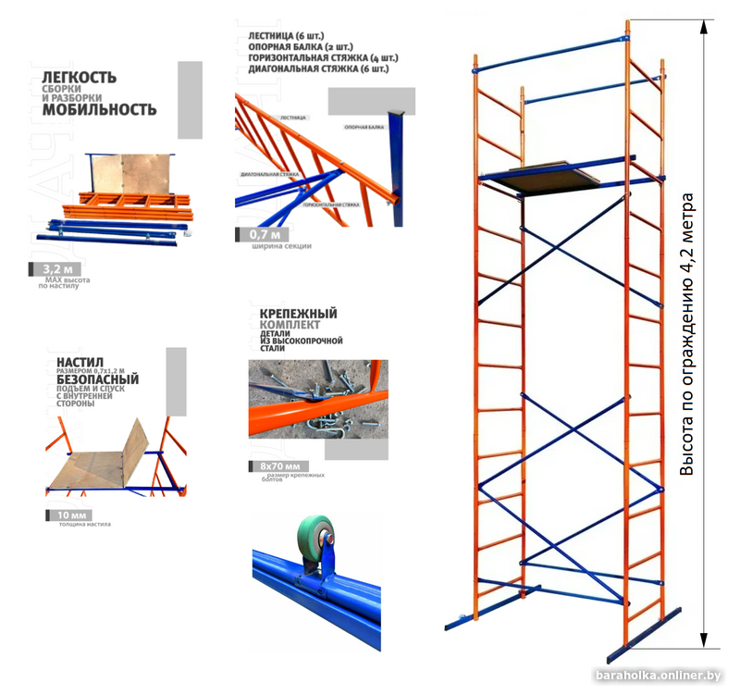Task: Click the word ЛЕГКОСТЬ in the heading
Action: tap(78, 77)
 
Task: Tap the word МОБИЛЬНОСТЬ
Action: tap(97, 109)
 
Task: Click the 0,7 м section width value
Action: tap(268, 234)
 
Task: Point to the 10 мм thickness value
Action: tap(71, 515)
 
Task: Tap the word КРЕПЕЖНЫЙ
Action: tap(292, 315)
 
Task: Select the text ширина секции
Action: tap(280, 246)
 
